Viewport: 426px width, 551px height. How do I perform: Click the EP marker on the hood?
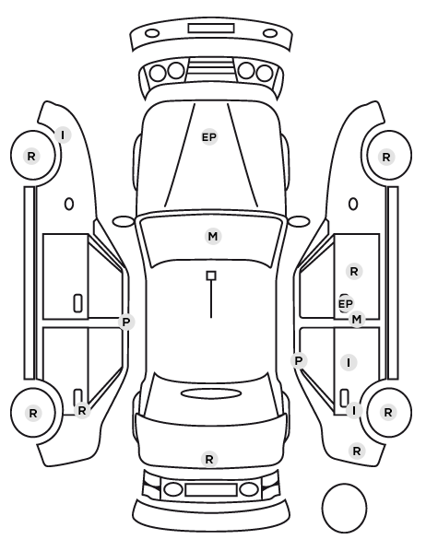point(209,137)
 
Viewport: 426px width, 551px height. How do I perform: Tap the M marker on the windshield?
point(213,237)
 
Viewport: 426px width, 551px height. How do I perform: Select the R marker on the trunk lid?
point(209,459)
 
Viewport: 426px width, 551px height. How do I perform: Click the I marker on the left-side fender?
point(63,135)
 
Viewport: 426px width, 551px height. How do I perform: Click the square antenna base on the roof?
point(211,275)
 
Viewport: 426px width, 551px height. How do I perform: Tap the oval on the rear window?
point(211,393)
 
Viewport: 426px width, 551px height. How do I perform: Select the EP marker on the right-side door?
point(345,304)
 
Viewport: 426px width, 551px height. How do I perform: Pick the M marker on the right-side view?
point(357,320)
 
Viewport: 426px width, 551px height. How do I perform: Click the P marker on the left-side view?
point(126,322)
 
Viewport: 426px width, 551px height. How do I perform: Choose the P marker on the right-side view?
point(299,360)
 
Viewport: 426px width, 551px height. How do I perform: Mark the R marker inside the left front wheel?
point(31,156)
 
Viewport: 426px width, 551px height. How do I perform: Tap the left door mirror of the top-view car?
point(124,221)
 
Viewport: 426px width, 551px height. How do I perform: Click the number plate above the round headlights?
point(211,29)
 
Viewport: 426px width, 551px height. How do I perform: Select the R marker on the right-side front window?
point(354,271)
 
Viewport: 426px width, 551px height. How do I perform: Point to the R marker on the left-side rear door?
point(82,410)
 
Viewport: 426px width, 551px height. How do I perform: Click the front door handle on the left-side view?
point(78,303)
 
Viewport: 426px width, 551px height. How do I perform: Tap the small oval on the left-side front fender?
point(69,204)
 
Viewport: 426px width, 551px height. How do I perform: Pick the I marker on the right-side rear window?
point(349,362)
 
